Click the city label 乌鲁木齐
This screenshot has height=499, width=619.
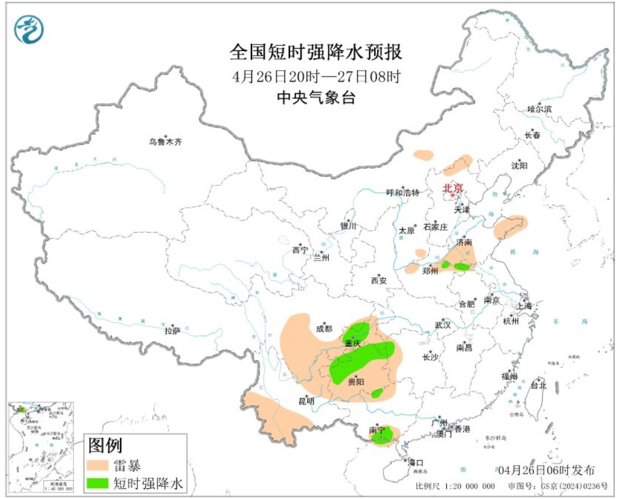coord(166,142)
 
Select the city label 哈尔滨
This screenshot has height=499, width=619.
coord(539,109)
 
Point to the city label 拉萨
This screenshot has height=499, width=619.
coord(172,331)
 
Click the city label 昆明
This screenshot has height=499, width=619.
coord(307,402)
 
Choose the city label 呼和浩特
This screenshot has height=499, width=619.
coord(402,192)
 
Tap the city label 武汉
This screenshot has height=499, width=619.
coord(443,325)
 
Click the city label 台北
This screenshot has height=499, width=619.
coord(539,386)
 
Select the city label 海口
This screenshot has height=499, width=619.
coord(416,462)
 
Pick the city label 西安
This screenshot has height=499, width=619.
coord(379,281)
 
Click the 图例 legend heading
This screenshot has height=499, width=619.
coord(105,443)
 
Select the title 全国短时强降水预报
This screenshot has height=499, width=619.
coord(316,53)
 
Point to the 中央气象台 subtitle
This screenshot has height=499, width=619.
coord(316,98)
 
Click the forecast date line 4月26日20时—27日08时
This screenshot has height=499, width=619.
coord(316,76)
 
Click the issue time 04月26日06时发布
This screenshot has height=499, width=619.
coord(546,471)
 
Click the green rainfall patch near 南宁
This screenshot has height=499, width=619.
coord(382,438)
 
